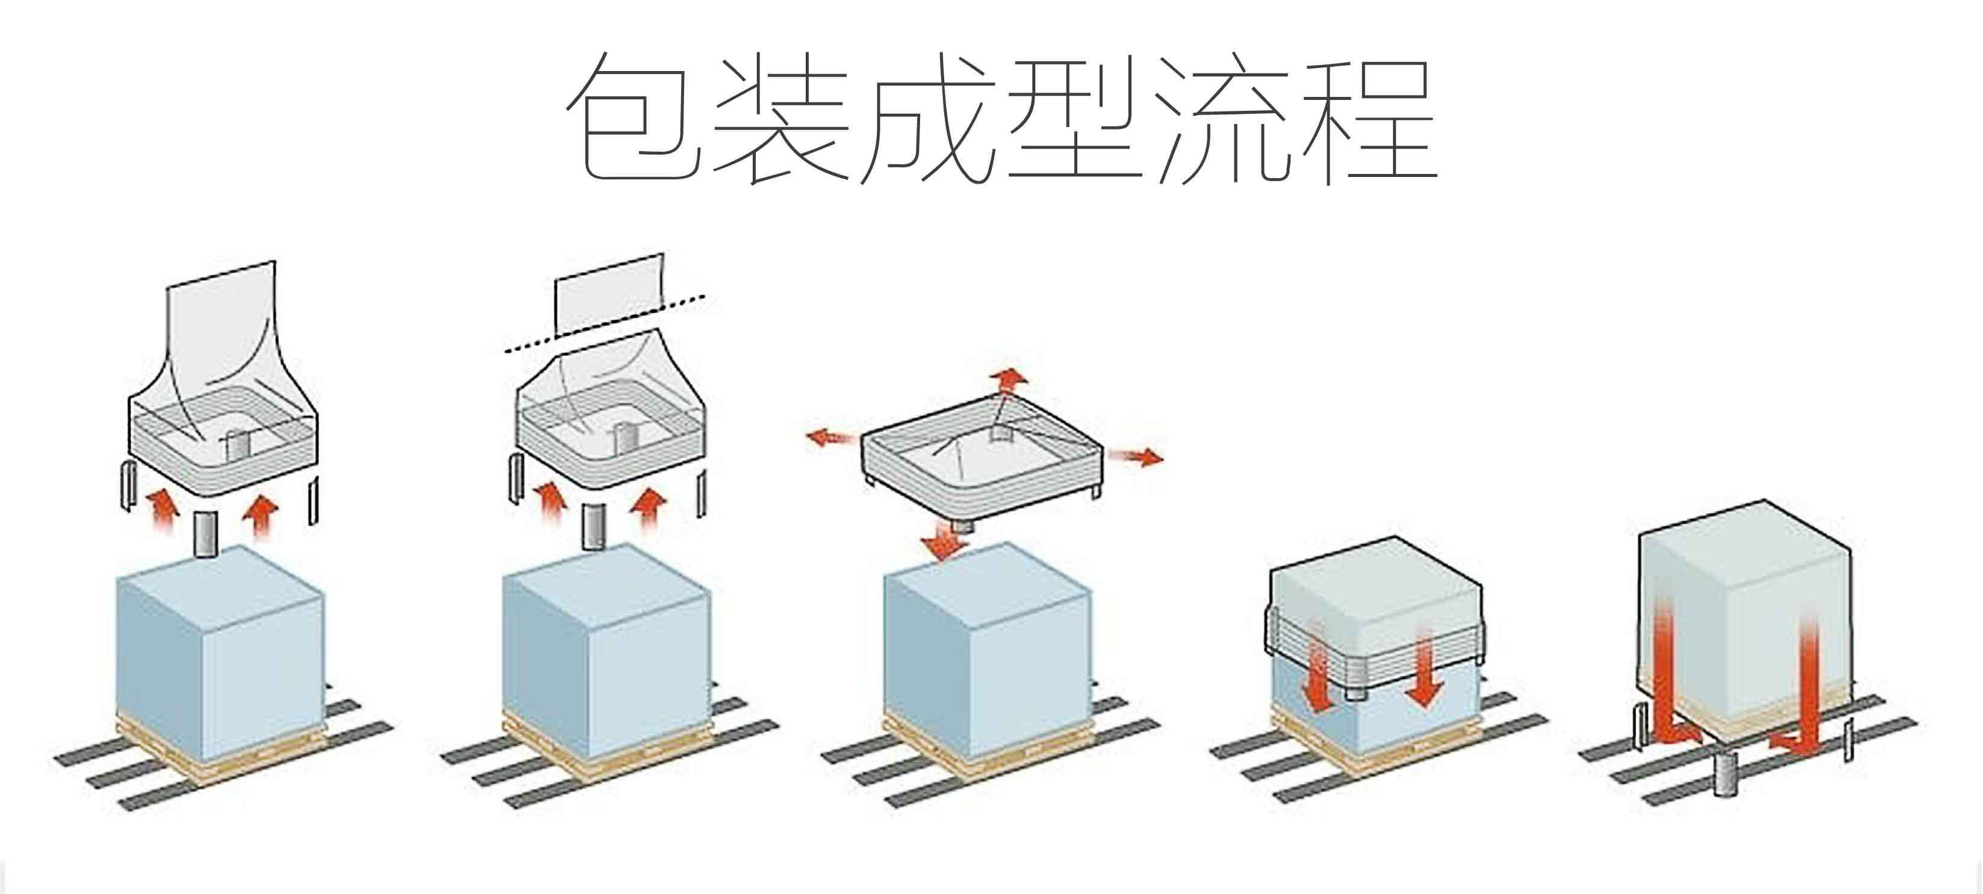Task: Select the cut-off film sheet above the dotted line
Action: pyautogui.click(x=608, y=293)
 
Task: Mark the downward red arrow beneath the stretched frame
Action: pyautogui.click(x=945, y=543)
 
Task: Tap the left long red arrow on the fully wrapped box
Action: pyautogui.click(x=1664, y=677)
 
